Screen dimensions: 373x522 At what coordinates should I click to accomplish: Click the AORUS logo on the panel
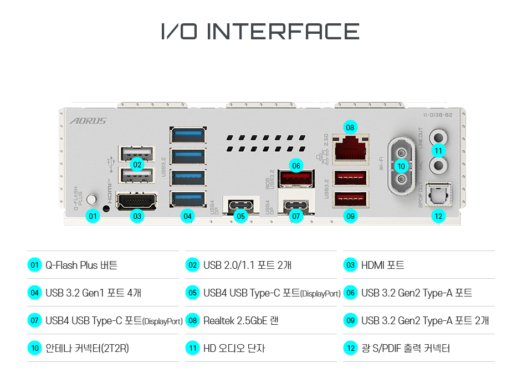88,121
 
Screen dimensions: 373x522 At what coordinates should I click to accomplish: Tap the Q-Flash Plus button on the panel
93,198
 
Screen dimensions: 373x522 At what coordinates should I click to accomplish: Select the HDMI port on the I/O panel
136,200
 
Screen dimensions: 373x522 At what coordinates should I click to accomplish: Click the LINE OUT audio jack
439,136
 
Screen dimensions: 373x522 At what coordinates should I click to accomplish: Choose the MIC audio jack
439,165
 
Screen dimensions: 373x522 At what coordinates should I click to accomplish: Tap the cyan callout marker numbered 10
401,166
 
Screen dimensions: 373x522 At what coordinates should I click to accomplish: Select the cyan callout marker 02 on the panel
137,164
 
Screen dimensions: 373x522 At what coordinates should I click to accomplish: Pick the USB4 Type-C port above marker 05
240,205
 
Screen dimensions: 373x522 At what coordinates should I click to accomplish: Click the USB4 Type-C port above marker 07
296,205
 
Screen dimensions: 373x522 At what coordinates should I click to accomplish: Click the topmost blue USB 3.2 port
188,135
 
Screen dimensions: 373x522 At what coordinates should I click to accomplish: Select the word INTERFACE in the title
283,32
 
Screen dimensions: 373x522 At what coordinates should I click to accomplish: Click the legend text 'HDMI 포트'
382,265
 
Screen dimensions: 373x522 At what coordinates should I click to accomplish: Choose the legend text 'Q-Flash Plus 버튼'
81,265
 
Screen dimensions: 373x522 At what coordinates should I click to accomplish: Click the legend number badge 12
350,348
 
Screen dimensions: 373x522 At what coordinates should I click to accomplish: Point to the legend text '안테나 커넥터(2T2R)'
87,348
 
